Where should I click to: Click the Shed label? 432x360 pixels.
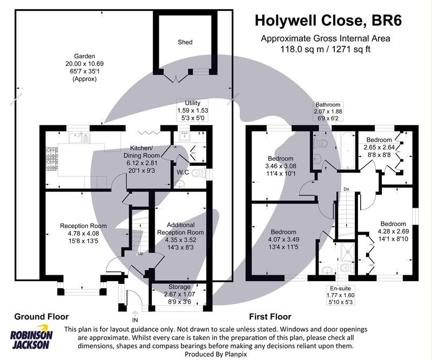click(x=185, y=42)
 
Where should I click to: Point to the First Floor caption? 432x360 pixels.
click(x=269, y=317)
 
